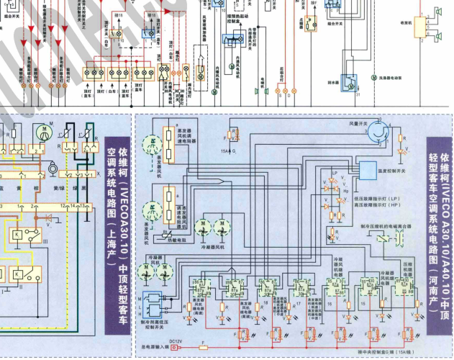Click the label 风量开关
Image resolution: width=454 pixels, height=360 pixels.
click(359, 124)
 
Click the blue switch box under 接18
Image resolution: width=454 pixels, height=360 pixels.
click(149, 33)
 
